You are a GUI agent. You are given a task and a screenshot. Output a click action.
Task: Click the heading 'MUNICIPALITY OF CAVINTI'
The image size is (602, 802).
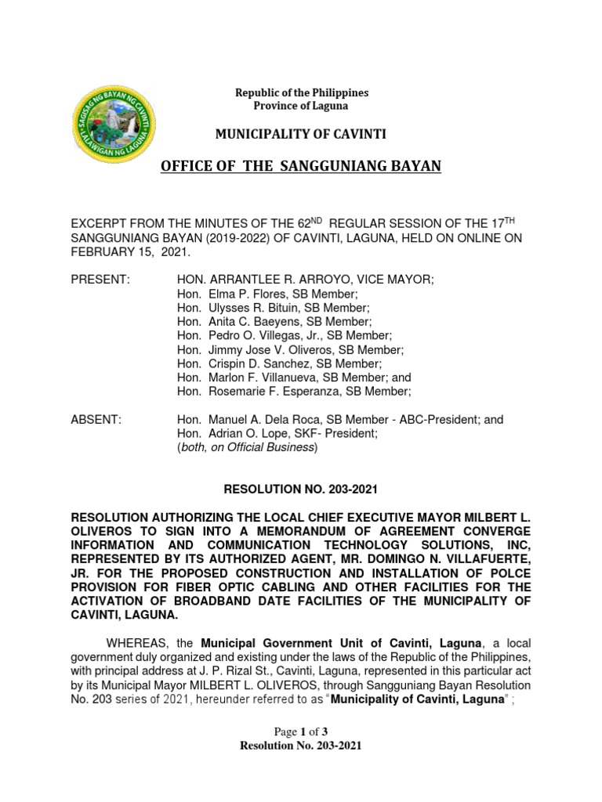(301, 135)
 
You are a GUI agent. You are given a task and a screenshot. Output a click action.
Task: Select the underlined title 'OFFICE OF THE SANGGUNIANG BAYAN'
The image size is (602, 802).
(301, 166)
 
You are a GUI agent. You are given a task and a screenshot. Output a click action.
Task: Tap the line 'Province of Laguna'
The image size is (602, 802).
(301, 106)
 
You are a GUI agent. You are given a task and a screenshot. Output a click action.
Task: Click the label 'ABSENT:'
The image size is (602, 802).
(96, 420)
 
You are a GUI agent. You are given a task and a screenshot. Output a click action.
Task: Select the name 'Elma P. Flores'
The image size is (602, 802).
(245, 293)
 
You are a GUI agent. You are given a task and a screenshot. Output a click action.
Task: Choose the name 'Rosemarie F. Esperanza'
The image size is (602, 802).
(267, 392)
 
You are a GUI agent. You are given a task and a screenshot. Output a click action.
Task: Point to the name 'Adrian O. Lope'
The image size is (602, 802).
(245, 434)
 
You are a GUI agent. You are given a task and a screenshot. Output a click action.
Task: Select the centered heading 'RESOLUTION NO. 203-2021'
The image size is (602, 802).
(301, 490)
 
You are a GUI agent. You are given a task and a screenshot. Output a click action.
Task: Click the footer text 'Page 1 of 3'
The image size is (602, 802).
(301, 732)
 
